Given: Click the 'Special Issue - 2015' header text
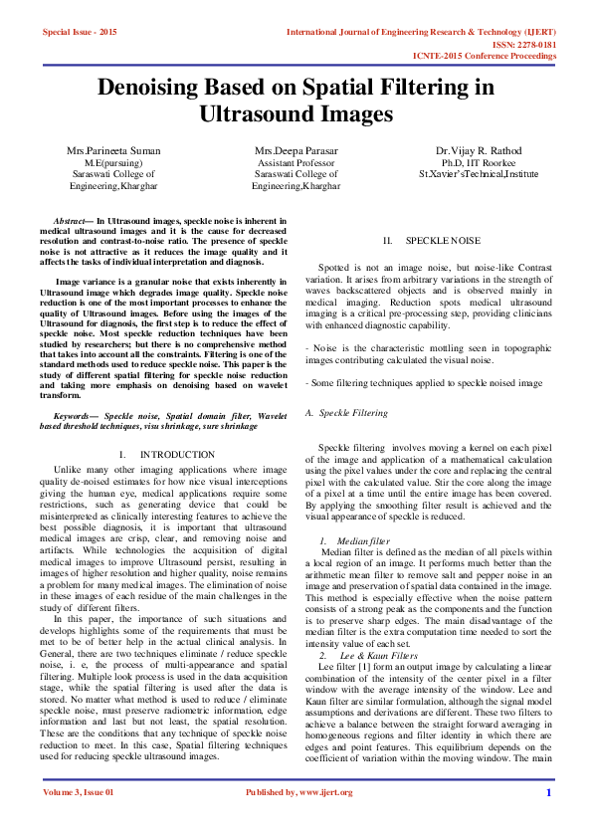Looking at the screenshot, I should (79, 33).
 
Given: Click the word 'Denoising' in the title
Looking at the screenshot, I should (159, 87).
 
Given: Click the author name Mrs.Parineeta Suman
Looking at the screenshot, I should (114, 150).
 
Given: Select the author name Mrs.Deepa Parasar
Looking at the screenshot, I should (295, 150).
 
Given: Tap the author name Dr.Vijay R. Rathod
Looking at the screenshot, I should (478, 150).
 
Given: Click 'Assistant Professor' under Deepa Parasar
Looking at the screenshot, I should (295, 162).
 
